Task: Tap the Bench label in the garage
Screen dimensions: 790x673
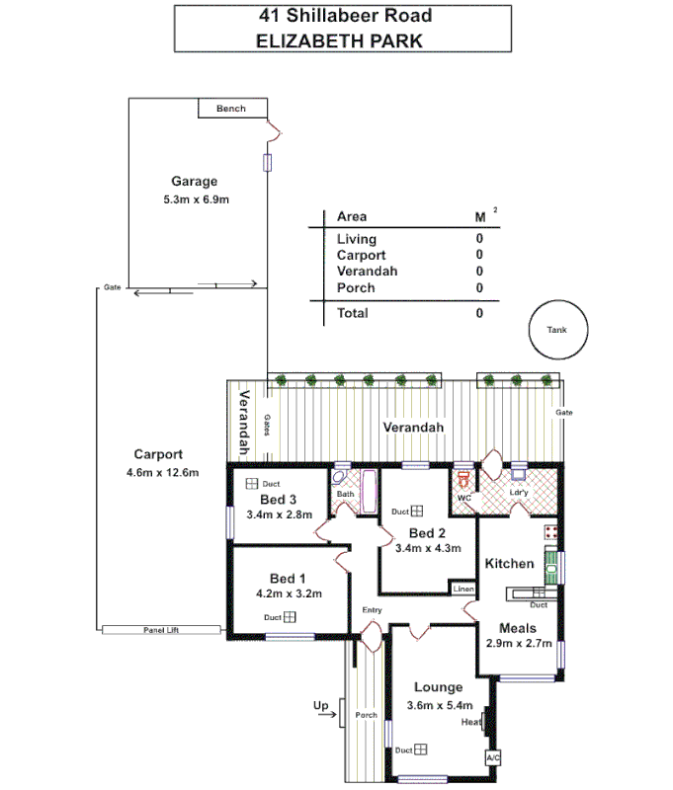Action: pos(230,109)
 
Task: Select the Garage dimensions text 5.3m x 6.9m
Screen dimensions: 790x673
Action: pos(196,199)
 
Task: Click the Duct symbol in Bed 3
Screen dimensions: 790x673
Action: pos(251,483)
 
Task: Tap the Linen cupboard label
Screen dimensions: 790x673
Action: pos(463,589)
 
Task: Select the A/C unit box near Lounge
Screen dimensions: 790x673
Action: pos(492,757)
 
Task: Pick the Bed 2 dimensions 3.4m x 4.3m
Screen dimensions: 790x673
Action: pos(428,548)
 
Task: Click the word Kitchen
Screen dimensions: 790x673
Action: pos(509,564)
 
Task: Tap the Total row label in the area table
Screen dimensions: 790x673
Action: pos(353,313)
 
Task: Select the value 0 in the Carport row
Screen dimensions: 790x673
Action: pos(479,255)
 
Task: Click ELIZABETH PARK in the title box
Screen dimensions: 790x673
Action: pos(339,40)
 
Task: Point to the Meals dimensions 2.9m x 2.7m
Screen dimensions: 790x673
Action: pos(519,643)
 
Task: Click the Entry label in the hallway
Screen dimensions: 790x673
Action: pos(372,610)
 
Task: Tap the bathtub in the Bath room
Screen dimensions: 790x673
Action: pos(371,491)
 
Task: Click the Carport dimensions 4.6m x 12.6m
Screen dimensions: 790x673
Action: pos(163,472)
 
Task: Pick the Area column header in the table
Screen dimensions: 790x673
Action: pos(352,216)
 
